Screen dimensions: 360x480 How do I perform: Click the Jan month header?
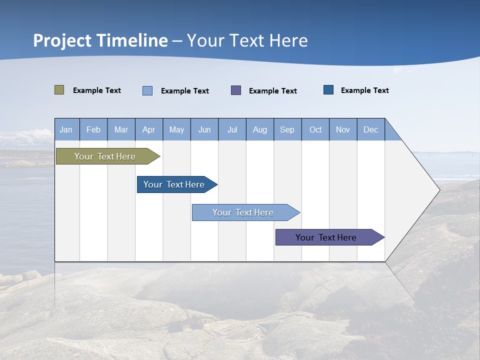[x=66, y=129]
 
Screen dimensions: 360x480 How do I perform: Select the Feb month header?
[x=93, y=129]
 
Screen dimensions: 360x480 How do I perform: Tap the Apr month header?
[x=149, y=129]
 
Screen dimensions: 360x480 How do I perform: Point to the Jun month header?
[x=204, y=129]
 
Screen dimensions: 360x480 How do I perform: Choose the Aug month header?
[x=260, y=129]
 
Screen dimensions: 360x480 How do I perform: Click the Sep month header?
[x=287, y=129]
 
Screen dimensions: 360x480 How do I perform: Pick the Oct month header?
[x=315, y=129]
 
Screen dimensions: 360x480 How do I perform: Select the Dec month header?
[x=371, y=129]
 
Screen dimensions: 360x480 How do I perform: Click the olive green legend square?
[x=59, y=90]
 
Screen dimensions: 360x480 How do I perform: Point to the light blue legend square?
[x=147, y=90]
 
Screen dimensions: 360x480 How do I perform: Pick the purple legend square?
[x=236, y=90]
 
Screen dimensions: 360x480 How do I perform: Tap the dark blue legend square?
[x=328, y=90]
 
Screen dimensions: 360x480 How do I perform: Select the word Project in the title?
[x=62, y=40]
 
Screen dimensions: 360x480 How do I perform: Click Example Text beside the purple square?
[x=273, y=91]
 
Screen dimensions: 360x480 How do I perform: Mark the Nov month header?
[x=343, y=129]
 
